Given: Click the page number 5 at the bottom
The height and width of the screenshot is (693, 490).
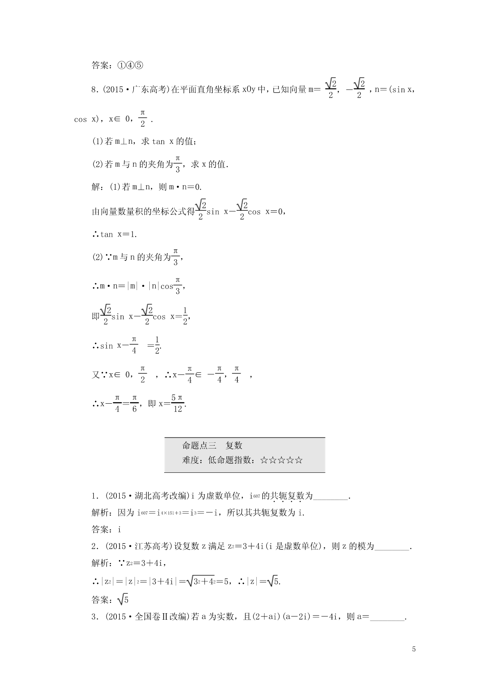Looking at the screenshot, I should (414, 649).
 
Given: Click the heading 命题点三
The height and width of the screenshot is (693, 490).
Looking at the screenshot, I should (199, 445).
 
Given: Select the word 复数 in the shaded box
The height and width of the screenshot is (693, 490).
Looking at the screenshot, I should (234, 445).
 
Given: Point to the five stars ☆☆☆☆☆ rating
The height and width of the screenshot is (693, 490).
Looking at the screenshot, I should (282, 460).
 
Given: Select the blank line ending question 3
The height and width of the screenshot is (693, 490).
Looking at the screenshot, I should (388, 618).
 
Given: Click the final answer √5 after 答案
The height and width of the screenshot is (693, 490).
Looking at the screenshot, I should (123, 600).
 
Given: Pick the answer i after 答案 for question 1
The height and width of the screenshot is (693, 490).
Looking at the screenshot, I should (120, 530).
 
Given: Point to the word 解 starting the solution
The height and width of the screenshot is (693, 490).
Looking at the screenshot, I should (95, 187).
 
